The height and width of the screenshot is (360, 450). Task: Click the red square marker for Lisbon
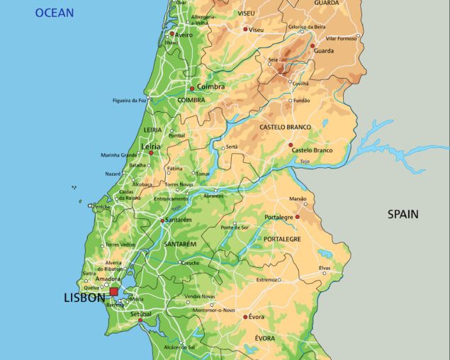pos(114,291)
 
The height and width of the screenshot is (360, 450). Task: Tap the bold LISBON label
pos(84,298)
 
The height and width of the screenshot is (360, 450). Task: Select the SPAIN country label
pos(403,214)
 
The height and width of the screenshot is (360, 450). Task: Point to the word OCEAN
pos(55,13)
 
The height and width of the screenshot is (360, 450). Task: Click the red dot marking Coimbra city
pos(191,89)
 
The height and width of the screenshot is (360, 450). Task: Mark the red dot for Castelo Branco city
pos(290,145)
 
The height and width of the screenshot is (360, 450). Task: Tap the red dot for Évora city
pos(245,317)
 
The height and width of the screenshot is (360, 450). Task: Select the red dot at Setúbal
pos(140,320)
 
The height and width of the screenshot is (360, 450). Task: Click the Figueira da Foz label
pos(130,101)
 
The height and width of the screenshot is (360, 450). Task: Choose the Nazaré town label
pos(113,173)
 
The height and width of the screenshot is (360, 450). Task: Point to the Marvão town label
pos(298,199)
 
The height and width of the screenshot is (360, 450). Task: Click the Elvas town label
pos(325,268)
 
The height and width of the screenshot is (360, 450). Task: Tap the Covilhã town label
pos(300,83)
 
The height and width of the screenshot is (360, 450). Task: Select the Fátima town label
pos(174,169)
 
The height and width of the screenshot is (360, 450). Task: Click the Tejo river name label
pos(305,162)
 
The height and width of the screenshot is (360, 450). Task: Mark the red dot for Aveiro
pos(171,33)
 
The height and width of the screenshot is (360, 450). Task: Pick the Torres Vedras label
pos(120,244)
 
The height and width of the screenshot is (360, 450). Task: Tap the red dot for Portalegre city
pos(297,217)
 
